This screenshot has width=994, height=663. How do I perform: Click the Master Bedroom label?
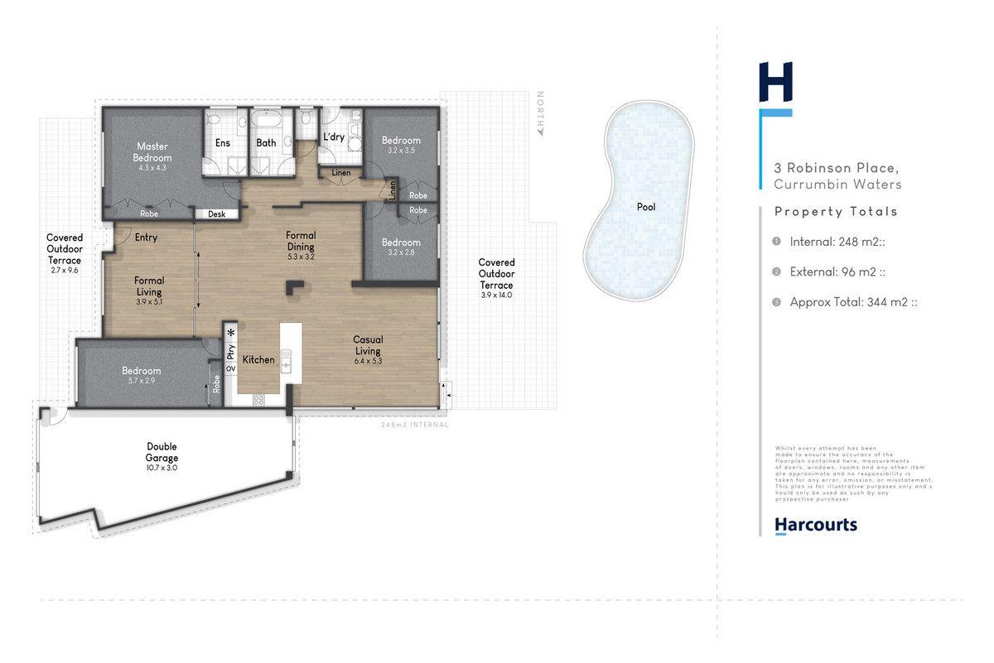[x=153, y=152]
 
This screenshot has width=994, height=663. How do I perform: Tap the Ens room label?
[x=223, y=143]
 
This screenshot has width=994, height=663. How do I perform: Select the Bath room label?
[x=266, y=143]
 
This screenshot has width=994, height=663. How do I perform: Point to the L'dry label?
[x=334, y=137]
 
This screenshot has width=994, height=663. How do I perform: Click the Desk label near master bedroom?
[x=216, y=214]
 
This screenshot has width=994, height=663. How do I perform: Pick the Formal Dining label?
[x=302, y=241]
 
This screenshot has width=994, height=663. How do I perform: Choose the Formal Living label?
[x=149, y=286]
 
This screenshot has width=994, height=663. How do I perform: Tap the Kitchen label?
[x=258, y=360]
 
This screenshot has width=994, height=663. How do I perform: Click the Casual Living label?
[x=368, y=344]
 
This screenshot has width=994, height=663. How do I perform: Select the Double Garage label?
[x=162, y=452]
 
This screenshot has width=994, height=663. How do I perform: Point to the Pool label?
[x=646, y=207]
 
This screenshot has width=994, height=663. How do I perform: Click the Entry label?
[x=145, y=238]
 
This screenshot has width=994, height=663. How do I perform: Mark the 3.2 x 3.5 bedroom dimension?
[x=401, y=151]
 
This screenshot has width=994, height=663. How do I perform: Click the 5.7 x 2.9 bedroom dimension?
[x=141, y=381]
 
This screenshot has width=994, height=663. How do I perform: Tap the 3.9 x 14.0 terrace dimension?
[x=496, y=295]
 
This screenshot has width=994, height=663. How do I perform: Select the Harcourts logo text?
[x=815, y=525]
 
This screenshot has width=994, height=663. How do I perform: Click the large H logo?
[x=776, y=83]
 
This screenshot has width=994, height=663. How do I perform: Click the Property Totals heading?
[x=836, y=212]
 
